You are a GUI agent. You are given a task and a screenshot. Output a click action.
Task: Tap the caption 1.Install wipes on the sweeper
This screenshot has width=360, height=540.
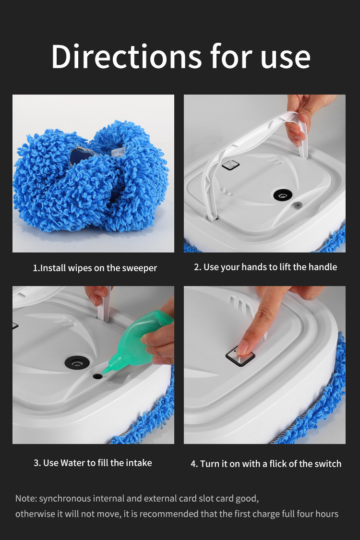tap(95, 268)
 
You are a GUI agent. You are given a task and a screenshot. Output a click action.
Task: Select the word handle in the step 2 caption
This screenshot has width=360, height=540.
tap(322, 267)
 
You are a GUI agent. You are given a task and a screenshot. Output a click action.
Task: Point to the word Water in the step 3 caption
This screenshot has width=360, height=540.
tap(72, 463)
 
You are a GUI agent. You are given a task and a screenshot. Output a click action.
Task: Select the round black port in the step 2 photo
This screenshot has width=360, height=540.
tap(283, 194)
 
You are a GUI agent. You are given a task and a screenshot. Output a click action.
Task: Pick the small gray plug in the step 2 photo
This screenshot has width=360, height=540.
tap(298, 204)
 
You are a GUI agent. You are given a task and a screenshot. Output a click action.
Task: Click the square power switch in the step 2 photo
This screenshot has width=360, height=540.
tap(231, 165)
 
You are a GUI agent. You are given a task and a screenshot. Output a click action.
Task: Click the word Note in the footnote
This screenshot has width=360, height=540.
tap(25, 498)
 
